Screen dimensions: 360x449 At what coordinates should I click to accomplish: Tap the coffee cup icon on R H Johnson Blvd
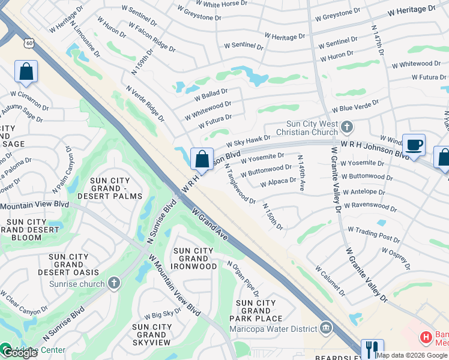[x=414, y=145]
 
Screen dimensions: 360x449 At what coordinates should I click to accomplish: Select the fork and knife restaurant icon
[x=372, y=349]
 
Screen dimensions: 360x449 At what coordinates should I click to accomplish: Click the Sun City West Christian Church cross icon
[x=346, y=127]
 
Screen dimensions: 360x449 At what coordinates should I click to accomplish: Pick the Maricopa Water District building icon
[x=326, y=328]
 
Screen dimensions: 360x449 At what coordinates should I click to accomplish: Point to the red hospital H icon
[x=426, y=337]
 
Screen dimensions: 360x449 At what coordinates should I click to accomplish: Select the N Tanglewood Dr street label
[x=240, y=184]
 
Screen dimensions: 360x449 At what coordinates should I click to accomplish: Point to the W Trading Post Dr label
[x=374, y=230]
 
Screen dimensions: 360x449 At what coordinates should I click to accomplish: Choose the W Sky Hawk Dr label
[x=249, y=142]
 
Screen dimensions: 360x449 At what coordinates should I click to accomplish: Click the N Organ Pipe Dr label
[x=243, y=278]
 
